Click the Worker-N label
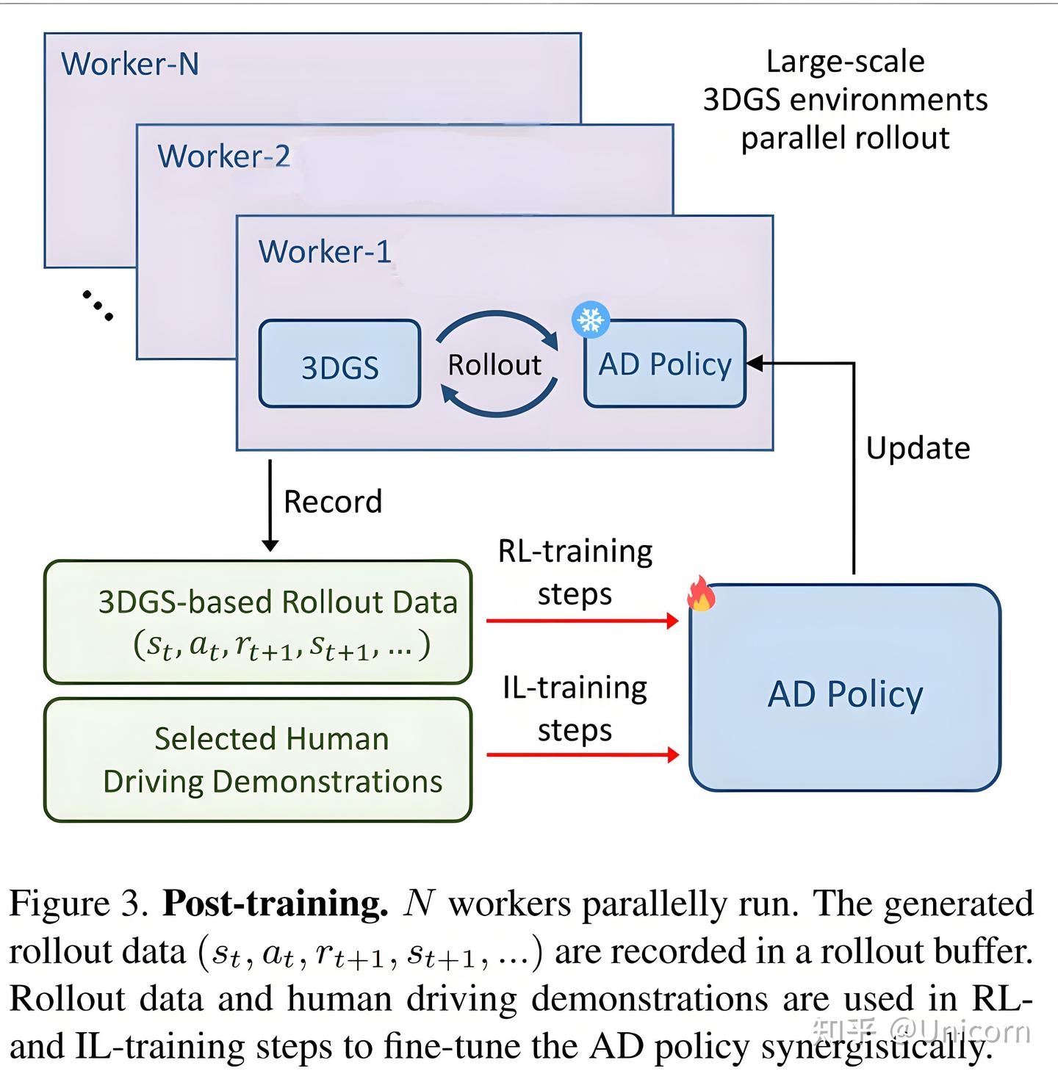click(x=130, y=64)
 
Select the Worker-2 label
click(x=223, y=156)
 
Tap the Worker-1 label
click(x=324, y=252)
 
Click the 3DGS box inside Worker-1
click(x=339, y=365)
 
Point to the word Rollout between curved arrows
click(x=494, y=365)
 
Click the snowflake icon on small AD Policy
click(x=591, y=320)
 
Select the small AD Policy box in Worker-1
click(x=665, y=365)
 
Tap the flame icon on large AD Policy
click(x=701, y=594)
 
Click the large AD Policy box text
click(x=845, y=694)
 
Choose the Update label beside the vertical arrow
click(x=918, y=448)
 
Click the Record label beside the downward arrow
click(x=333, y=502)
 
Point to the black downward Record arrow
click(x=270, y=507)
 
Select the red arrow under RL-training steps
click(x=582, y=621)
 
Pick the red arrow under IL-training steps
click(x=582, y=754)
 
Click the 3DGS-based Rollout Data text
click(x=278, y=602)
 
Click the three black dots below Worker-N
click(x=97, y=306)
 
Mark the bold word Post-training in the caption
click(x=275, y=904)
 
